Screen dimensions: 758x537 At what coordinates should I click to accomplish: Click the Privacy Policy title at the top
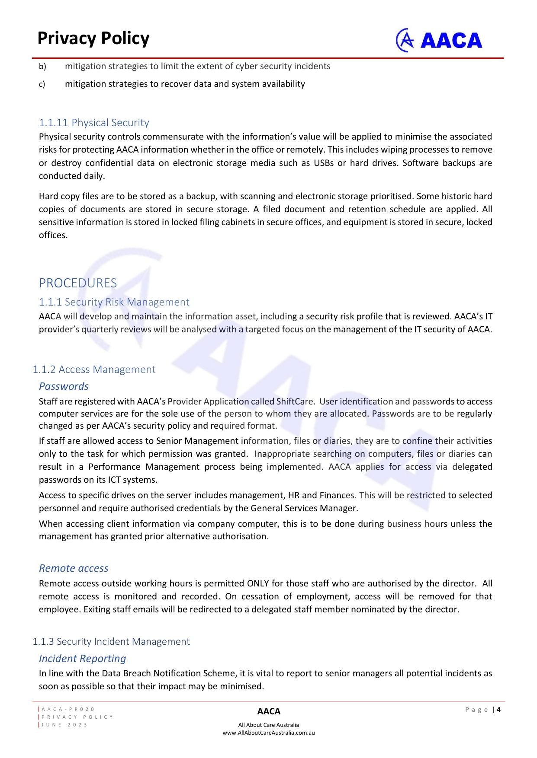(x=93, y=38)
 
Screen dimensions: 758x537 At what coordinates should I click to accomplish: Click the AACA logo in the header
(x=439, y=40)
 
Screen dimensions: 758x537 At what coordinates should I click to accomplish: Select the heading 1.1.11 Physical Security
(x=94, y=123)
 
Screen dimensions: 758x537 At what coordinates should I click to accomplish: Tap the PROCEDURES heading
(x=78, y=283)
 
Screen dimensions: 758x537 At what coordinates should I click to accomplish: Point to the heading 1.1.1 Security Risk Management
(x=114, y=302)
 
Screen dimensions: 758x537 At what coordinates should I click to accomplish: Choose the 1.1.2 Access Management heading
(x=94, y=369)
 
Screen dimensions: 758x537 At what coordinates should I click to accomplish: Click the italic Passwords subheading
(x=64, y=386)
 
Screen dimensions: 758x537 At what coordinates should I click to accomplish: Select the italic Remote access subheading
(x=74, y=568)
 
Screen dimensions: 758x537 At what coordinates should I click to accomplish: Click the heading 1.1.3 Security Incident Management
(x=111, y=641)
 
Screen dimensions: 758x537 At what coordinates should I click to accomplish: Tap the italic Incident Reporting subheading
(x=82, y=659)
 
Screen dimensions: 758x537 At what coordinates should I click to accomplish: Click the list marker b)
(x=42, y=67)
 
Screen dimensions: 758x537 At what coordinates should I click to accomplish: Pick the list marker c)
(x=42, y=84)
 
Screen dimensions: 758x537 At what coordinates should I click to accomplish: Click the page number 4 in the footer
(x=498, y=709)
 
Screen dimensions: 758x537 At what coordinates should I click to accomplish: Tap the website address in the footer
(x=268, y=733)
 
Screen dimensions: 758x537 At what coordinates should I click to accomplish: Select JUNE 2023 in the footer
(x=64, y=725)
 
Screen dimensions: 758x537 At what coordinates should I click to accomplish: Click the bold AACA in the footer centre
(x=269, y=711)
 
